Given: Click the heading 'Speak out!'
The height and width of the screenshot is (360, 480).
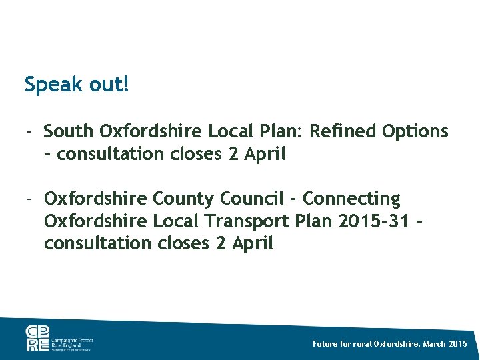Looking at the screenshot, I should [77, 85].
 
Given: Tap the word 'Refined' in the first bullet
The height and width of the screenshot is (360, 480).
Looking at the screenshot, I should [344, 131].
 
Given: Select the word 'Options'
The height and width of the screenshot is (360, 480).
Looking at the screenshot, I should [415, 132].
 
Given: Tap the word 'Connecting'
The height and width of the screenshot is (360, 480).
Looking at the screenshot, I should [351, 199].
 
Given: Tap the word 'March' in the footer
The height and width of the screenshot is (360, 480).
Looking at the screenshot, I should [435, 343].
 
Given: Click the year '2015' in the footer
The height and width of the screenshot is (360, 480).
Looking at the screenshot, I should [459, 343].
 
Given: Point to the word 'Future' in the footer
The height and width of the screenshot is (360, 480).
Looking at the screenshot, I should [326, 343].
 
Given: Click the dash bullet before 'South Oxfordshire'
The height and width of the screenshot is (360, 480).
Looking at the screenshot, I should [30, 131].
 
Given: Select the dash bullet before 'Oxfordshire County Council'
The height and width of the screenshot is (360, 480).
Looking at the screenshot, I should [30, 199].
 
